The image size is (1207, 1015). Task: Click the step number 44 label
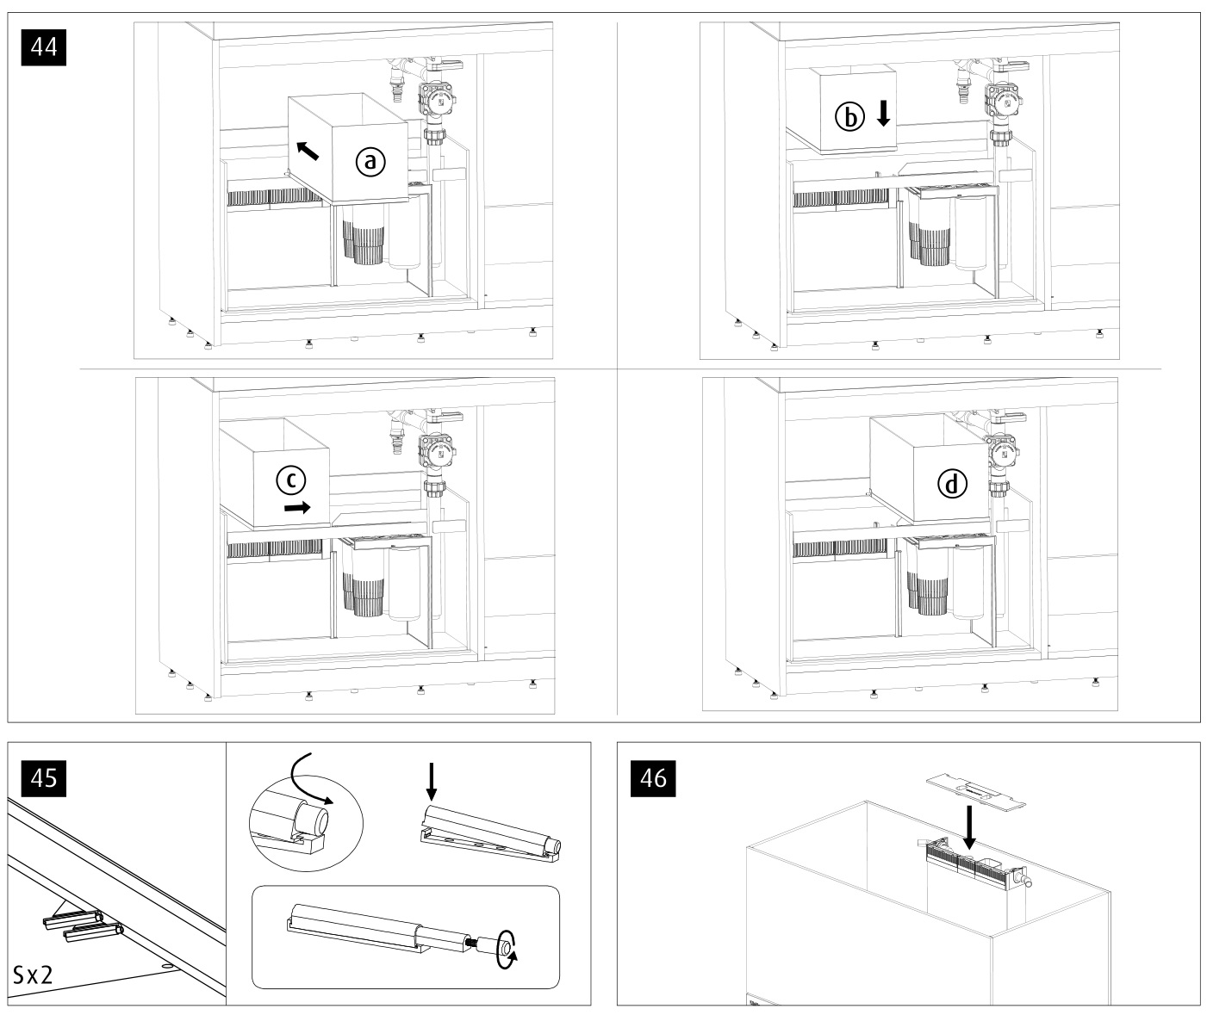(43, 46)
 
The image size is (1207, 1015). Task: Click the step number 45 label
(43, 778)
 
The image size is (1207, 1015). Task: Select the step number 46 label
(653, 778)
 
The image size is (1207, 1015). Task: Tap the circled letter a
(370, 162)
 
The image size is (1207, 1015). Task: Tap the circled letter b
(849, 117)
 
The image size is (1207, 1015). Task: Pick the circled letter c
(291, 480)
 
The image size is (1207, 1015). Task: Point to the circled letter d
(951, 484)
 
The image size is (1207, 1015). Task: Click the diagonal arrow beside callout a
(308, 151)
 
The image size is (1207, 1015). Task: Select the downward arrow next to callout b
(883, 114)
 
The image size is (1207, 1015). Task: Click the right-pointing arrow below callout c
(298, 508)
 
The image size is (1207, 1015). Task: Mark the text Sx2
(33, 975)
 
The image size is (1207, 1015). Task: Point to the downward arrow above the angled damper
(432, 783)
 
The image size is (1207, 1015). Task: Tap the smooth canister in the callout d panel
(968, 584)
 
